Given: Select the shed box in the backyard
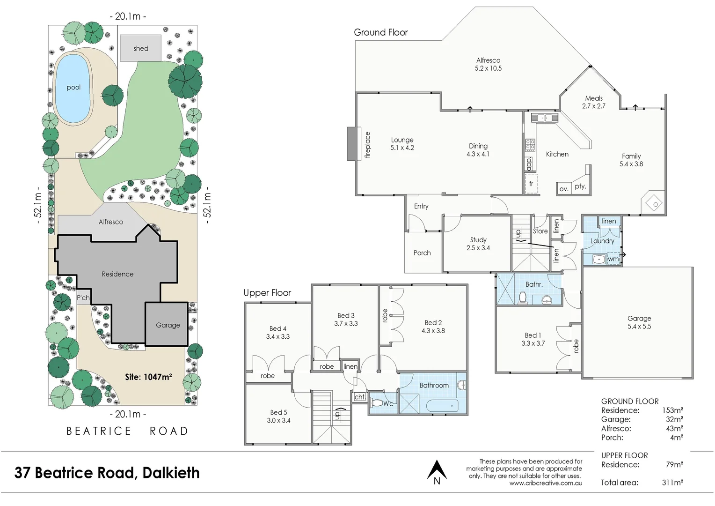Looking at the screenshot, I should pos(140,48).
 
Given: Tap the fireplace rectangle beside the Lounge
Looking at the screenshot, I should pos(352,144).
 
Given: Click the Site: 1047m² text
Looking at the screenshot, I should pos(148,377).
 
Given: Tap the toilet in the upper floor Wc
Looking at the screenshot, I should pos(376,402).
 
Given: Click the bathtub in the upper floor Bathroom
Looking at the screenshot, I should pos(442,405).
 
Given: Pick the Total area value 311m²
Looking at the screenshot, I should pos(672,483).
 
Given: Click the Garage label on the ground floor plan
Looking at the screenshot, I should pos(639,318).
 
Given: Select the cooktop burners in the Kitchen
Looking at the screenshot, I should pos(530,145).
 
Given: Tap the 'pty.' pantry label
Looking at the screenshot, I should pos(580,186).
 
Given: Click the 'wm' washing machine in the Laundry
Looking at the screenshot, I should pos(613,259).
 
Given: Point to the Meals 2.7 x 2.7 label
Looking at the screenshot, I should pos(593,102).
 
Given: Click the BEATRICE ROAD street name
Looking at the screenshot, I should pos(127,431).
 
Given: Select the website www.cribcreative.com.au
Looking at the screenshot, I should pos(546,483).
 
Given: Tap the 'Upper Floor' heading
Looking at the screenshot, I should pos(267,293).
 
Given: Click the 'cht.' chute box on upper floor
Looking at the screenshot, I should pos(359,397).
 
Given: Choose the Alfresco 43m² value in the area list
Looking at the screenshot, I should pos(674,428).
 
